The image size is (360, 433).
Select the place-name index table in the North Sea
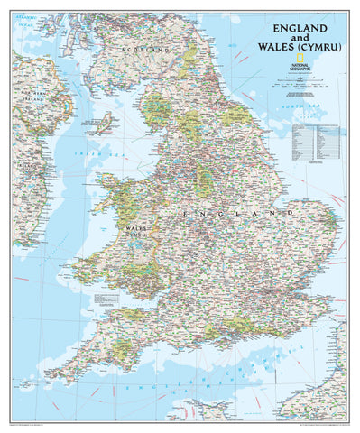coord(315,140)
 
